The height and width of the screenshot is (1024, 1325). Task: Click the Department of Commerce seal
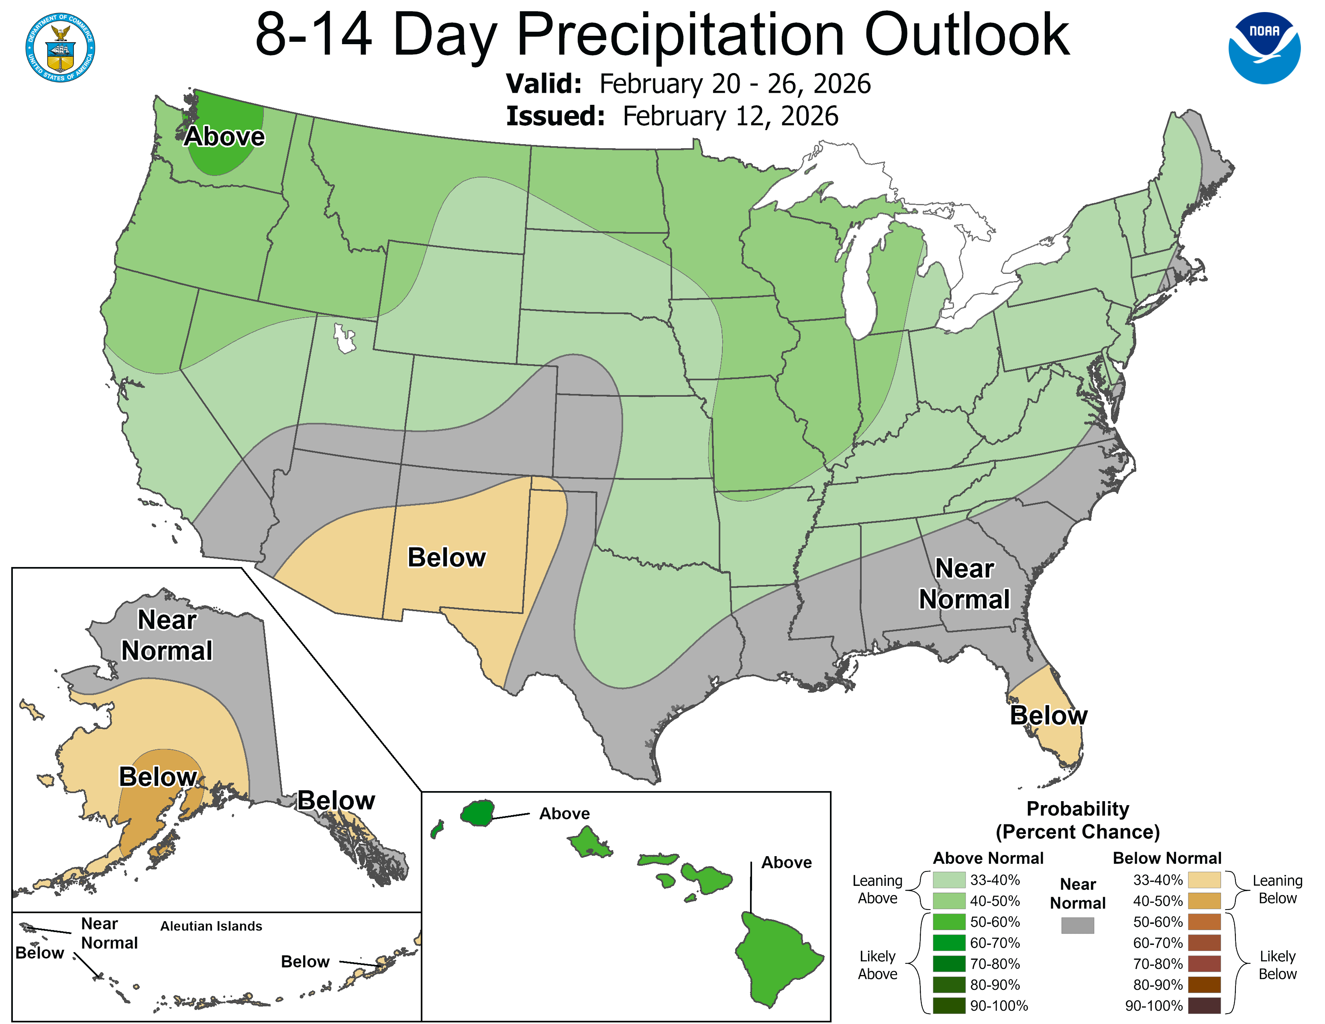[x=60, y=47]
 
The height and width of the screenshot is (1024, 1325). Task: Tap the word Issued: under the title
[x=555, y=116]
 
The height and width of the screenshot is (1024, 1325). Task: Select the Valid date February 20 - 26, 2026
[x=734, y=84]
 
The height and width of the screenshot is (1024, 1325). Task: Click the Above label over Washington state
[x=224, y=137]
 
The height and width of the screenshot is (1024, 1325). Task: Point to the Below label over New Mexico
[x=446, y=557]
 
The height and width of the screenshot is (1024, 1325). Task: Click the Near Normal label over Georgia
[x=964, y=583]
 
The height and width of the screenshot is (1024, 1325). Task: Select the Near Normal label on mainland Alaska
[x=167, y=635]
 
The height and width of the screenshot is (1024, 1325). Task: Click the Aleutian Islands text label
[x=211, y=926]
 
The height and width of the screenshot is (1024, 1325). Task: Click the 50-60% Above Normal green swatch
[x=949, y=922]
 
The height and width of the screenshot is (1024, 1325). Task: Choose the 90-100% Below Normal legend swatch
[x=1204, y=1005]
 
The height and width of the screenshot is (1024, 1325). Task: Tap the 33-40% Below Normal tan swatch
[x=1204, y=879]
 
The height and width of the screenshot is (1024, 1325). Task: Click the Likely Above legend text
[x=877, y=965]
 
